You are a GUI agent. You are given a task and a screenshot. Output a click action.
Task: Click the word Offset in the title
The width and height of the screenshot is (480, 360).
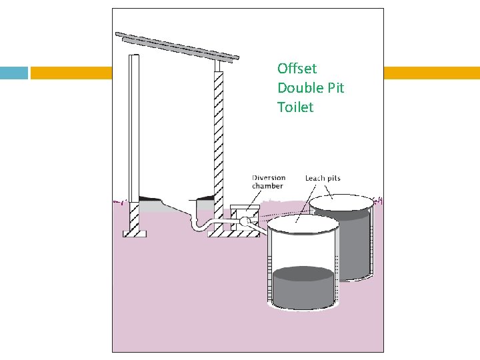[x=297, y=68]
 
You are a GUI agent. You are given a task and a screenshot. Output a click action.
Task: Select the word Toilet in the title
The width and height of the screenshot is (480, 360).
[x=295, y=107]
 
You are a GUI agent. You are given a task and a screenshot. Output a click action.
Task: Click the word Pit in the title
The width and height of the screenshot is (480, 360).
[x=335, y=87]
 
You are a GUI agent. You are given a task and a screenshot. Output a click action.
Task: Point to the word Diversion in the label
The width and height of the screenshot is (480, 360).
[x=269, y=178]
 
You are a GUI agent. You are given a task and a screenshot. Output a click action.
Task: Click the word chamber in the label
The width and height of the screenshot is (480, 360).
[x=268, y=186]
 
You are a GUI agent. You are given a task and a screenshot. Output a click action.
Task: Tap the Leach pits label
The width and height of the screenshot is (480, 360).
[x=323, y=178]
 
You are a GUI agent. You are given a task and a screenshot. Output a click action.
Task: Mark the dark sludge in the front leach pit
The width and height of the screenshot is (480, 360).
[x=303, y=287]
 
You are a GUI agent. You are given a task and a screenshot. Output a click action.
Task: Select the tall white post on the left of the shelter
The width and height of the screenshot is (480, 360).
[x=134, y=127]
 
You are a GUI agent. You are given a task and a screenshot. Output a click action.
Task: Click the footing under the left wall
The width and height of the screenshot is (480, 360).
[x=134, y=233]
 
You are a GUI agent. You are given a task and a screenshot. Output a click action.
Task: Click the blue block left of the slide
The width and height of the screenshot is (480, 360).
[x=14, y=73]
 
